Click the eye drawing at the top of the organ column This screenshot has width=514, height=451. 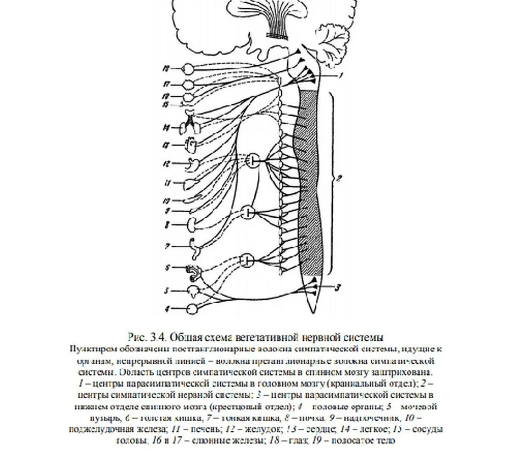click(x=188, y=69)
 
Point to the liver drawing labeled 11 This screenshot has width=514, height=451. click(x=190, y=184)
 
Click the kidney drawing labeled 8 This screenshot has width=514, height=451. click(x=192, y=224)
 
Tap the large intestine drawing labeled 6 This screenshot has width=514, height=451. click(x=193, y=273)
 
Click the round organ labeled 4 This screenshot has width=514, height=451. click(x=192, y=309)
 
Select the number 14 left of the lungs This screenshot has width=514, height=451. click(x=168, y=127)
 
